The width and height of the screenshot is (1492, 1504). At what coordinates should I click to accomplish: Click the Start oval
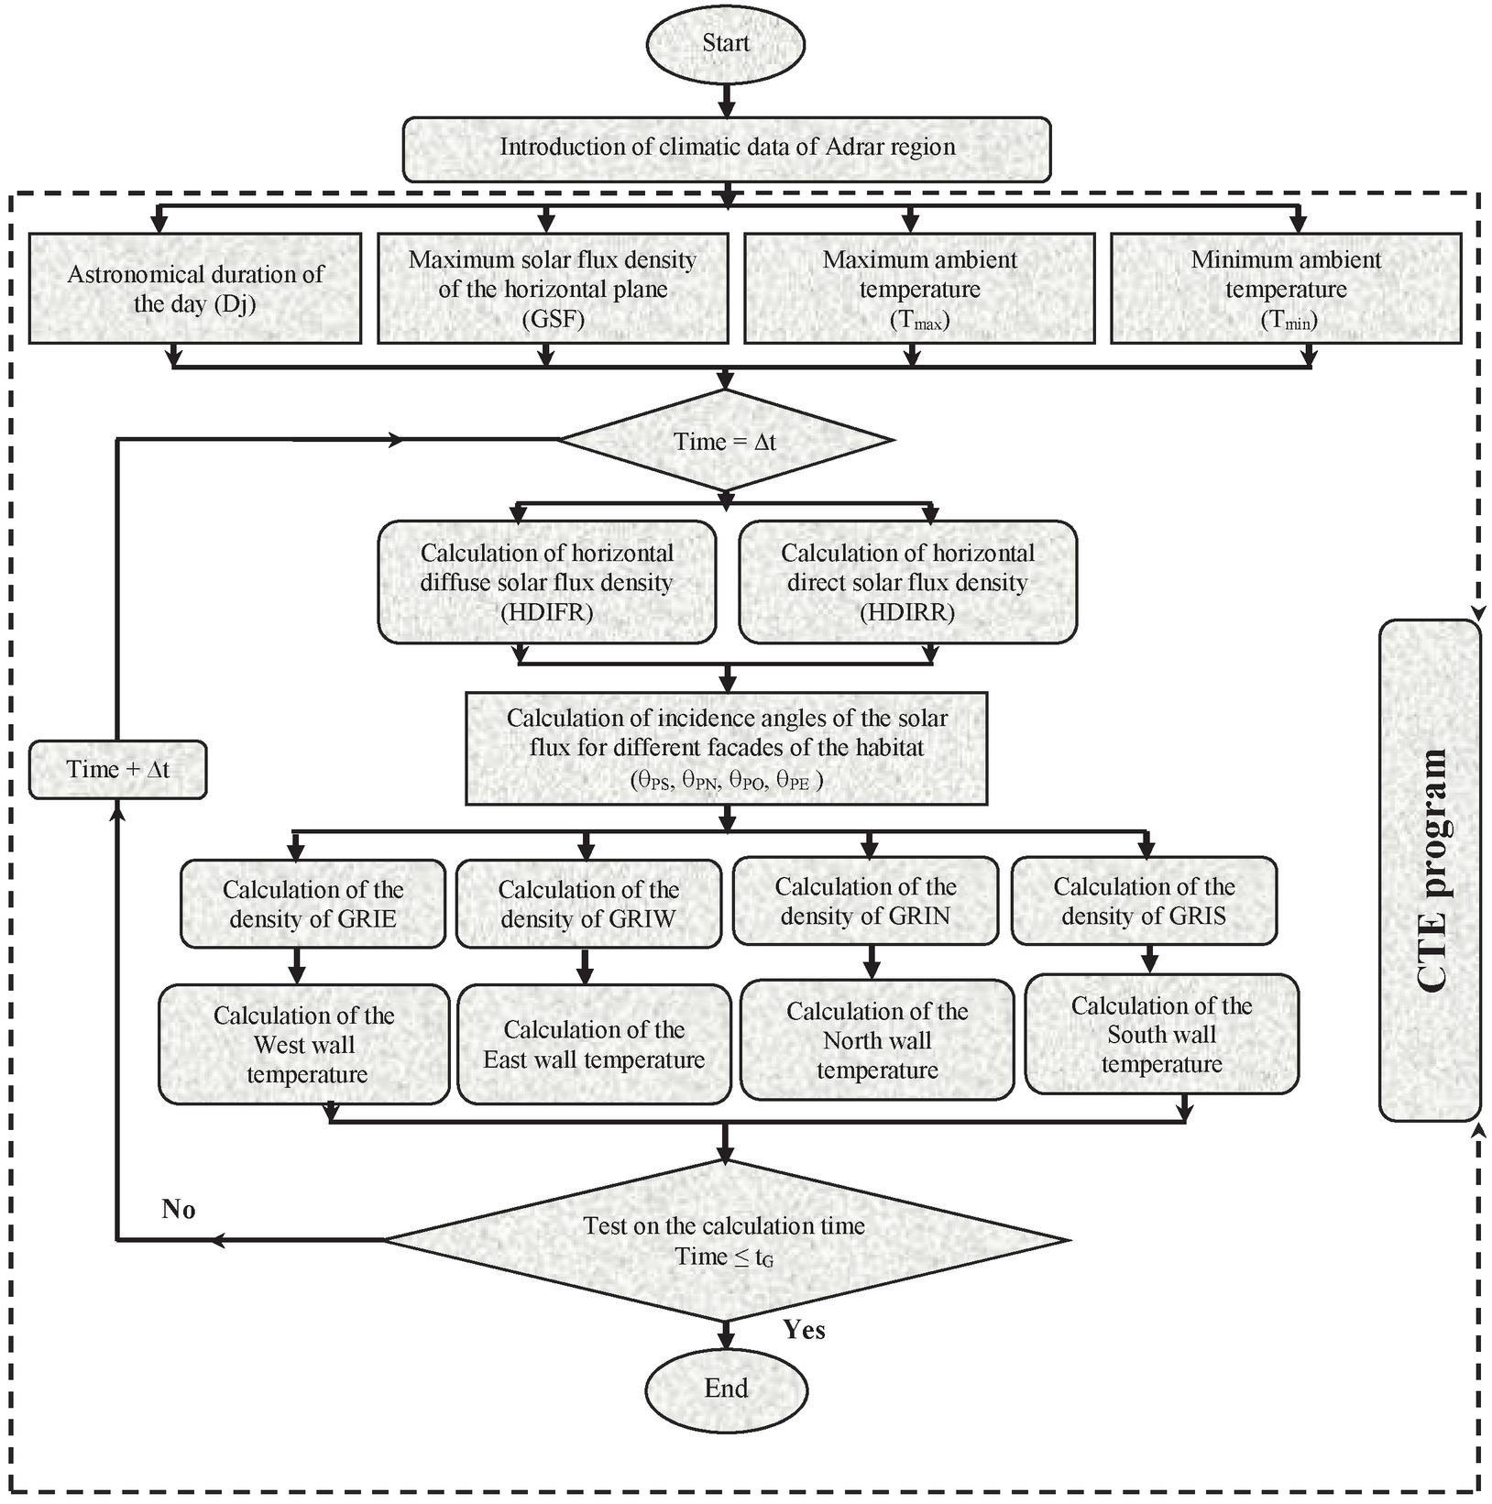pyautogui.click(x=725, y=43)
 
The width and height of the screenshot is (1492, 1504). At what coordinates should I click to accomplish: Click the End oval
pyautogui.click(x=726, y=1388)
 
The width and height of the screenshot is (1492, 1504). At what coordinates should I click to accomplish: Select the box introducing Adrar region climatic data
pyautogui.click(x=727, y=148)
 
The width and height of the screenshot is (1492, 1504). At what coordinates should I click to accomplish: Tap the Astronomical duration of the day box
pyautogui.click(x=194, y=289)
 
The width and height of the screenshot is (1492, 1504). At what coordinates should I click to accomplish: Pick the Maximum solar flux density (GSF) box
pyautogui.click(x=553, y=289)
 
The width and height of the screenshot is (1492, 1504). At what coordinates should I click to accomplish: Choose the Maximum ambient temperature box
pyautogui.click(x=919, y=289)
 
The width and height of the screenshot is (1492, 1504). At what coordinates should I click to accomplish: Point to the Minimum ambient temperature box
pyautogui.click(x=1286, y=289)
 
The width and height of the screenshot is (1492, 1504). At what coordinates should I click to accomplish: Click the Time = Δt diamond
pyautogui.click(x=725, y=441)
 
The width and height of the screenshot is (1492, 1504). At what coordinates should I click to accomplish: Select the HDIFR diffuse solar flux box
pyautogui.click(x=547, y=582)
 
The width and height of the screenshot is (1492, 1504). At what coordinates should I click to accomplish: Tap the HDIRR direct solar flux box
pyautogui.click(x=907, y=582)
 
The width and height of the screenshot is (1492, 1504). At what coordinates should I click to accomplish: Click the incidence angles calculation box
pyautogui.click(x=727, y=748)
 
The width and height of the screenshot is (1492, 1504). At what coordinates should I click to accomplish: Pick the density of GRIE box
pyautogui.click(x=313, y=904)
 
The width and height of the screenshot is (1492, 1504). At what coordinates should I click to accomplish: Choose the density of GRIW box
pyautogui.click(x=588, y=904)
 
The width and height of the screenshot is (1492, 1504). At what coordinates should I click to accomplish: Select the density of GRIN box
pyautogui.click(x=865, y=901)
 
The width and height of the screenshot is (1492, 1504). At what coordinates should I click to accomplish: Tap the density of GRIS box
pyautogui.click(x=1144, y=901)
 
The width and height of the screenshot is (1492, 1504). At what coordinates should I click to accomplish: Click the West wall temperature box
pyautogui.click(x=304, y=1044)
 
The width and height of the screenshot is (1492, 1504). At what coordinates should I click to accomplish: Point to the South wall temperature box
pyautogui.click(x=1161, y=1035)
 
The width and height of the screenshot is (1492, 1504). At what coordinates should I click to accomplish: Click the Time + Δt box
pyautogui.click(x=117, y=769)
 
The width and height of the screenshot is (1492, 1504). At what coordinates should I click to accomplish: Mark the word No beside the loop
pyautogui.click(x=178, y=1210)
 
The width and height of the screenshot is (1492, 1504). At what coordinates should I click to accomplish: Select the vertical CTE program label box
pyautogui.click(x=1430, y=870)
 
